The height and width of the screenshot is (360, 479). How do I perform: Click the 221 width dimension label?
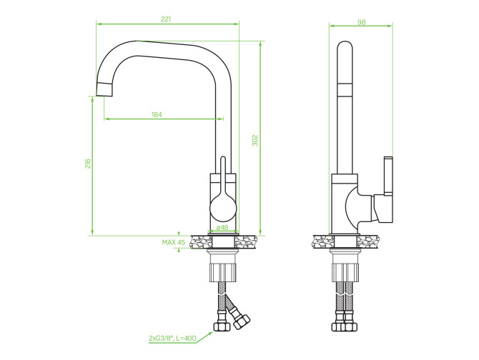pyautogui.click(x=166, y=19)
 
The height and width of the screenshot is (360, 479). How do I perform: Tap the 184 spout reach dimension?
pyautogui.click(x=157, y=115)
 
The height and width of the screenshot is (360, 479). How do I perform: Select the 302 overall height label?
pyautogui.click(x=255, y=140)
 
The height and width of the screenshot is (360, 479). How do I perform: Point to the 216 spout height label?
pyautogui.click(x=88, y=164)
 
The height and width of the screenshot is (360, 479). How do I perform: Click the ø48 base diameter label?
pyautogui.click(x=222, y=228)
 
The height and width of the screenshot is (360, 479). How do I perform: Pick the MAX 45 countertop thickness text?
pyautogui.click(x=174, y=242)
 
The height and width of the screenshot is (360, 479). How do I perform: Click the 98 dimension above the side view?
pyautogui.click(x=361, y=22)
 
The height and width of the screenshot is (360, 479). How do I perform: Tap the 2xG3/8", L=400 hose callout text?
pyautogui.click(x=172, y=338)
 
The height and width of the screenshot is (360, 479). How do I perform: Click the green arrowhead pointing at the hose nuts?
pyautogui.click(x=210, y=334)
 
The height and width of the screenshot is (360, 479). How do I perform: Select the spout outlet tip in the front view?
pyautogui.click(x=104, y=89)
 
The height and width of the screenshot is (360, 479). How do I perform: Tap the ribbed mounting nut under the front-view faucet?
pyautogui.click(x=223, y=272)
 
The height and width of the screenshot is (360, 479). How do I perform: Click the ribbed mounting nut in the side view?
pyautogui.click(x=345, y=272)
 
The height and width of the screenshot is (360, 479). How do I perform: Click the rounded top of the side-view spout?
pyautogui.click(x=345, y=46)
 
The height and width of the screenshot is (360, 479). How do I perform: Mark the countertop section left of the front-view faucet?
pyautogui.click(x=201, y=242)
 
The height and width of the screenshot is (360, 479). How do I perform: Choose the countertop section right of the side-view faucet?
pyautogui.click(x=368, y=241)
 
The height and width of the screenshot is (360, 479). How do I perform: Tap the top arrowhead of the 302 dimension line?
pyautogui.click(x=260, y=44)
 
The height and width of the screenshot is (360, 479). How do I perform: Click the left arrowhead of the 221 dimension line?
pyautogui.click(x=99, y=24)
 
